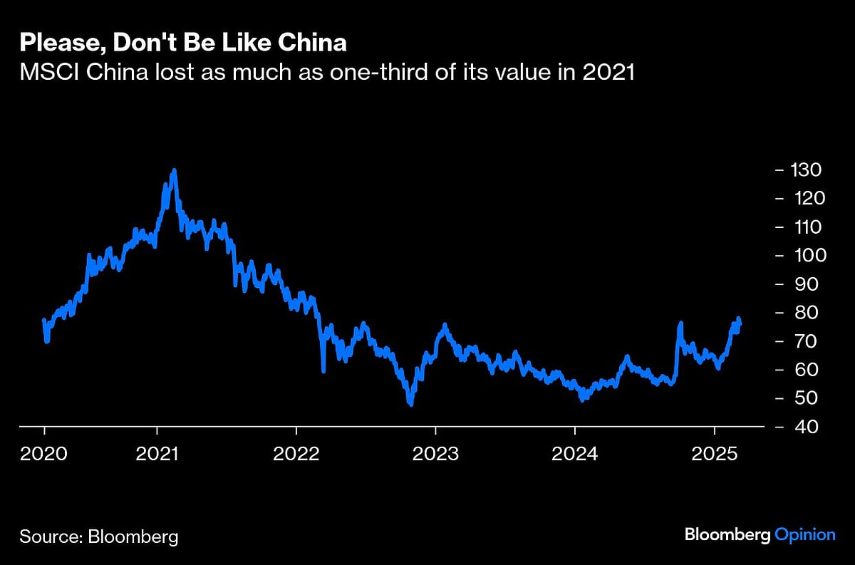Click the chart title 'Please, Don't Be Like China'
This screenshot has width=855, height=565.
tap(183, 43)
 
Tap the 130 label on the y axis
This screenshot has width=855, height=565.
tap(805, 170)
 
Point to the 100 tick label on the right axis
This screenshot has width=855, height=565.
tap(805, 255)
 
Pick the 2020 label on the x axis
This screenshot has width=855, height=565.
tap(44, 453)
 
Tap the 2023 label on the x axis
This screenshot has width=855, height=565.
tap(435, 453)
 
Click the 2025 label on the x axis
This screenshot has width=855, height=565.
tap(714, 453)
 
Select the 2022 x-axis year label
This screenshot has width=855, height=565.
tap(296, 453)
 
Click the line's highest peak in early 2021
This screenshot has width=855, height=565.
tap(175, 171)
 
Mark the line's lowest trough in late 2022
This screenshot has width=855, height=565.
tap(411, 404)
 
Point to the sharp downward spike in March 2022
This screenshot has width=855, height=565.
tap(323, 370)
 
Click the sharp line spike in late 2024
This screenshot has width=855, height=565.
tap(680, 324)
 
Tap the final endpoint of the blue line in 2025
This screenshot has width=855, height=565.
tap(740, 324)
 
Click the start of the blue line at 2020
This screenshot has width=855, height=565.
tap(44, 321)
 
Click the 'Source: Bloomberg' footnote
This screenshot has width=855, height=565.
tap(99, 536)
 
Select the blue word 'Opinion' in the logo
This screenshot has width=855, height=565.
tap(804, 534)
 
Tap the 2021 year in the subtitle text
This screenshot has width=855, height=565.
tap(608, 73)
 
